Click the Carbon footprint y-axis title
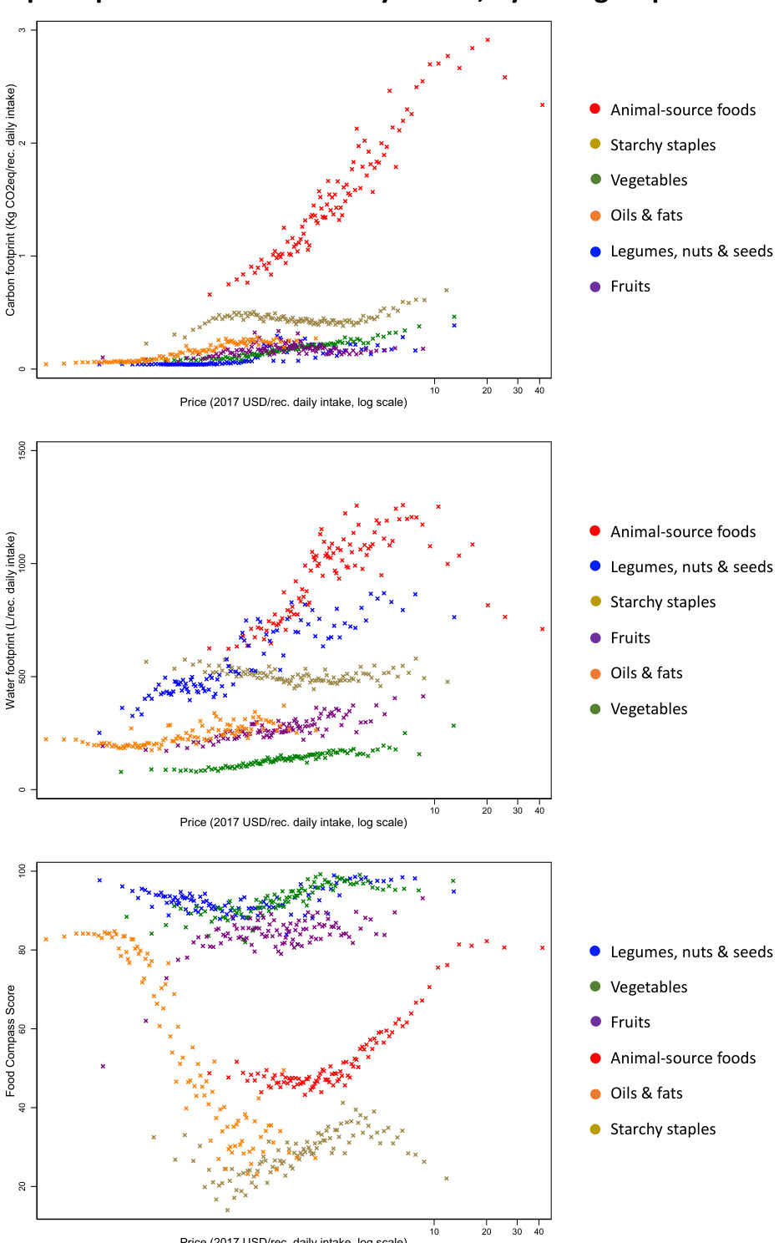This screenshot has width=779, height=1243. tap(11, 200)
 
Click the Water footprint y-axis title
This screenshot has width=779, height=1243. tap(11, 621)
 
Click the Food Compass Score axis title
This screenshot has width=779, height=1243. tap(11, 1041)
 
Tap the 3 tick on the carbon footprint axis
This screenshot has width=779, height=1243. tap(23, 30)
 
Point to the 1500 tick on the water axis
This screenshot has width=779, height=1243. tap(23, 451)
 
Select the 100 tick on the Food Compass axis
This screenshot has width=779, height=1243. tap(23, 871)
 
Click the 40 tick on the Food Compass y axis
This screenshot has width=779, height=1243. tap(23, 1108)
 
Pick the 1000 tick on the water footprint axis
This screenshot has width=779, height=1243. tap(23, 564)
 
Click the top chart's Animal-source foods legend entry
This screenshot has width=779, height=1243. tap(682, 110)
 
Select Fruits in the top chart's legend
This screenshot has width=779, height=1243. tap(630, 287)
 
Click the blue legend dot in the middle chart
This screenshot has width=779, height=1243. tap(595, 566)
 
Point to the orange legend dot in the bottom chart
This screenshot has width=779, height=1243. tap(595, 1094)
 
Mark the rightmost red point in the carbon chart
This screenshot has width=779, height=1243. tap(543, 105)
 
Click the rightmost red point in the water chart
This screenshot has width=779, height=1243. tap(543, 629)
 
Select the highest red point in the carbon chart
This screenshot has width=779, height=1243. tap(488, 40)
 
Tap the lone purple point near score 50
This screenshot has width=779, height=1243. tap(103, 1066)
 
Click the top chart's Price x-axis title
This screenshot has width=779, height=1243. tap(293, 403)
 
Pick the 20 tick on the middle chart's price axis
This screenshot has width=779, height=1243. tap(487, 811)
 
